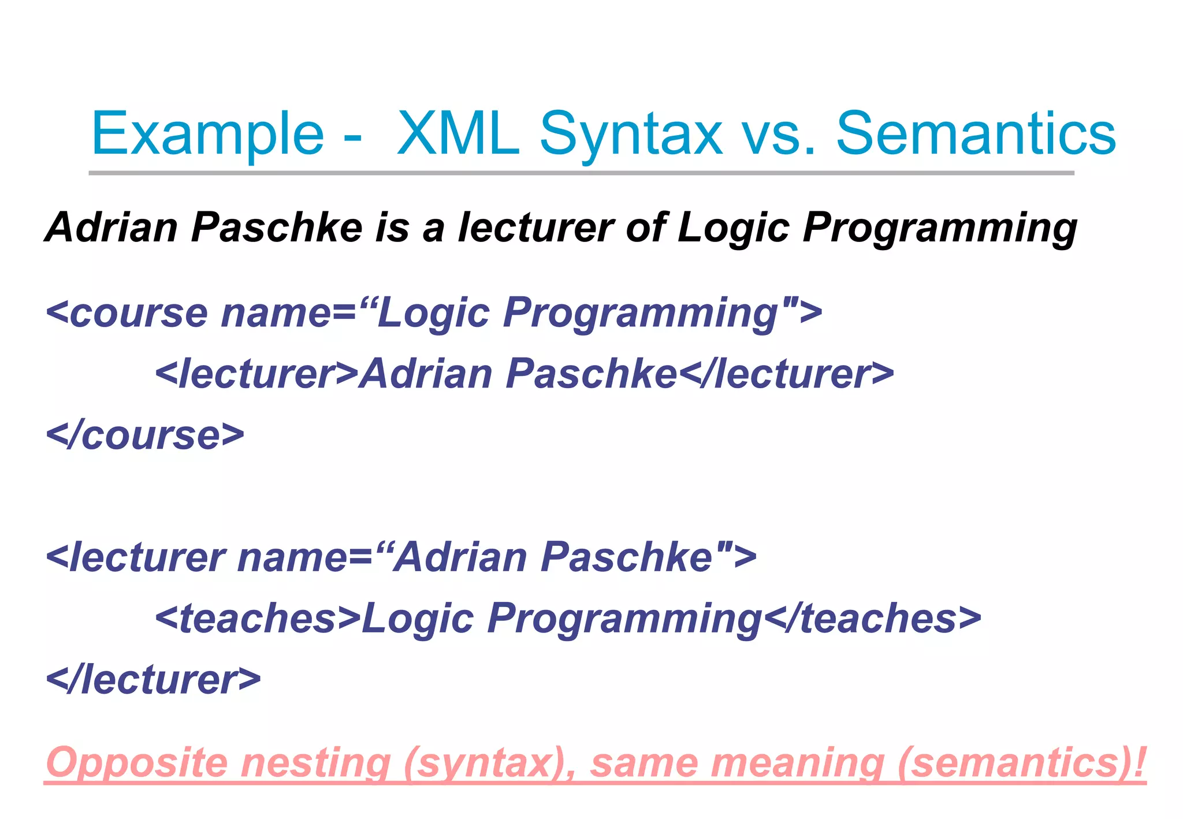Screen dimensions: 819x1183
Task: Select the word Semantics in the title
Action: coord(976,134)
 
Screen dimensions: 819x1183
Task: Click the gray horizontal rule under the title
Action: coord(581,173)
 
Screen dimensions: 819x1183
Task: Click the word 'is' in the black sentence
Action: coord(392,227)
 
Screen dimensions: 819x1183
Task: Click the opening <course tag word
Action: coord(127,313)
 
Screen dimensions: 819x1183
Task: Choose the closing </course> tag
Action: coord(145,435)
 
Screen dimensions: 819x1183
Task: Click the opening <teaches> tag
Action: coord(258,618)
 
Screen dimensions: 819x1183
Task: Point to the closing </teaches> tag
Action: coord(872,618)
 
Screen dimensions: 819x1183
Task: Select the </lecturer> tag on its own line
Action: coord(153,680)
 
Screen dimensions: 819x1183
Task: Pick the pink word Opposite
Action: coord(137,764)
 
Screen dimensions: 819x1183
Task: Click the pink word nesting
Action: coord(315,764)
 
